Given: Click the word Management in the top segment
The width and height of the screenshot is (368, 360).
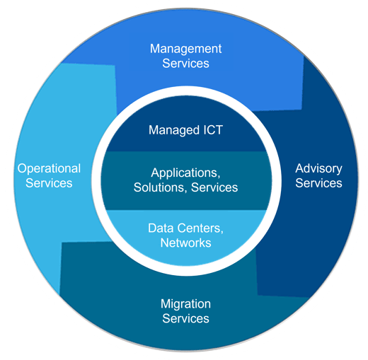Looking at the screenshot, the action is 185,50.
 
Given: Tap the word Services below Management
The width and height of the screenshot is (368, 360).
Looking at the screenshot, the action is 185,64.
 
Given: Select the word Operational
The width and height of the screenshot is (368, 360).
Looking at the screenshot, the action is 49,169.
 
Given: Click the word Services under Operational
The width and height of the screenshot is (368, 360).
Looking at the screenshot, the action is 49,183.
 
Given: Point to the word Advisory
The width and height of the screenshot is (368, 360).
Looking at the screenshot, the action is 318,169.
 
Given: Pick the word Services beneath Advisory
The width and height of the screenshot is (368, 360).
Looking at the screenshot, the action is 318,183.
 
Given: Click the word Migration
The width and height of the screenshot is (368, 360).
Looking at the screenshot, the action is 185,304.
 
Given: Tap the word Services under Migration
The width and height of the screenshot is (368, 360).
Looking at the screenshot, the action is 185,318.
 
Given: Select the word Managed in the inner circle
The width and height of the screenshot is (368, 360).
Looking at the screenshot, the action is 171,131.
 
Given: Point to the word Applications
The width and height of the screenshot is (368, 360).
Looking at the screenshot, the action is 185,173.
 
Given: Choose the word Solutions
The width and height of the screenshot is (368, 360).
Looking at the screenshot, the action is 160,187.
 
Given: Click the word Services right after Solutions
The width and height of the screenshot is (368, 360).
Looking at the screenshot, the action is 214,187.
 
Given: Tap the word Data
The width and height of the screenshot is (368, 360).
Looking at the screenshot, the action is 161,228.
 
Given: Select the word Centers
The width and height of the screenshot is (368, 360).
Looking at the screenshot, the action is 200,228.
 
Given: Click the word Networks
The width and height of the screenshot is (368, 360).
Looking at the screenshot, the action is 185,243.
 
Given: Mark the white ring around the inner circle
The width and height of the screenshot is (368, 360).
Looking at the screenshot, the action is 186,91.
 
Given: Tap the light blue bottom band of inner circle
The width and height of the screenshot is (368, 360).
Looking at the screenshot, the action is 186,256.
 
